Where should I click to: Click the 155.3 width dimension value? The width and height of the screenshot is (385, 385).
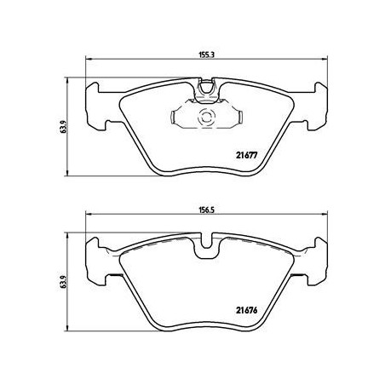[206, 55]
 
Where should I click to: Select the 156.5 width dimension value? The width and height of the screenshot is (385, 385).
[206, 217]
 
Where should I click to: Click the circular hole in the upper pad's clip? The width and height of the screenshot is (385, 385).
[205, 118]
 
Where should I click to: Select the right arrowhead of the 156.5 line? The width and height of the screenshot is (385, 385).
[325, 224]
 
